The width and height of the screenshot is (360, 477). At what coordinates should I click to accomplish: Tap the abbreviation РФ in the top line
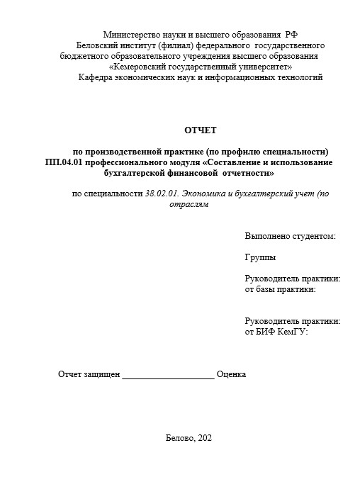(291, 35)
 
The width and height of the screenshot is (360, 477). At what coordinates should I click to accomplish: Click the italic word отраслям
(191, 205)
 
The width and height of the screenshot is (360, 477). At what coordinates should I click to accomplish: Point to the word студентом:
(313, 236)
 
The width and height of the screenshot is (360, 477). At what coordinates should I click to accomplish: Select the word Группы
(261, 257)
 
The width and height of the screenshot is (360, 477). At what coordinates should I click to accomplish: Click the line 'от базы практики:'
(280, 289)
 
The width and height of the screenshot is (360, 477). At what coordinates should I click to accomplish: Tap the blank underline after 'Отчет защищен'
(168, 375)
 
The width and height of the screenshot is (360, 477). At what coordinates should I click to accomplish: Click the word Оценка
(231, 374)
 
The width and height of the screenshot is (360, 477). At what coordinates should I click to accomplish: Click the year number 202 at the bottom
(206, 438)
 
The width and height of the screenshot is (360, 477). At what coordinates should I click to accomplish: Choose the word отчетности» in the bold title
(245, 173)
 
